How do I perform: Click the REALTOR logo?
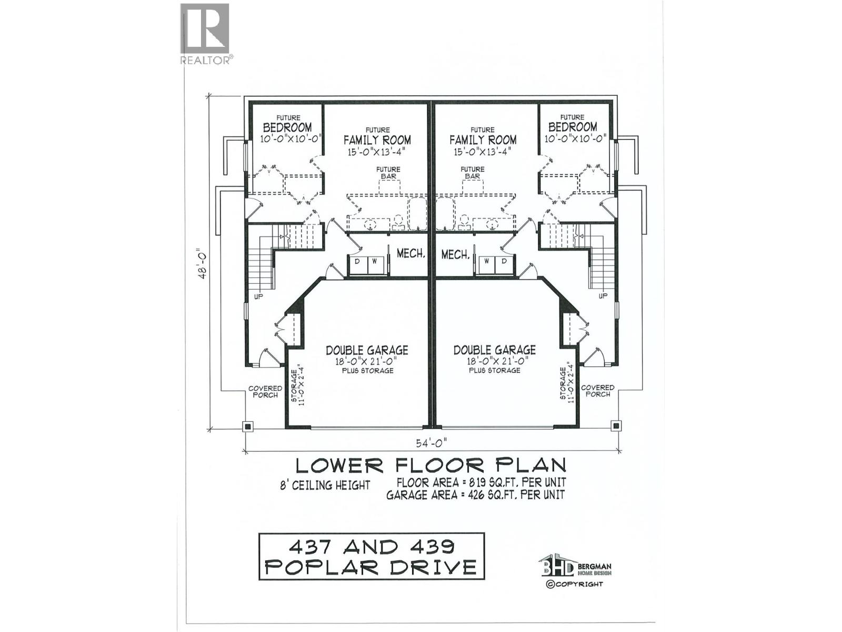[x=205, y=33]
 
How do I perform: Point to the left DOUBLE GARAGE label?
[x=367, y=350]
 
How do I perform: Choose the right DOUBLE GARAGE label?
[x=495, y=350]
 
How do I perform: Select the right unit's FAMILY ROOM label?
[x=483, y=140]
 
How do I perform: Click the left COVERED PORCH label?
[x=265, y=391]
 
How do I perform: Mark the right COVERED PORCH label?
[x=597, y=390]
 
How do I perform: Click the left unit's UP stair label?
[x=258, y=297]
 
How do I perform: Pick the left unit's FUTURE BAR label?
[x=388, y=173]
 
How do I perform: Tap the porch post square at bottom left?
[x=247, y=426]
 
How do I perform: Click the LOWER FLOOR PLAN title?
[x=430, y=465]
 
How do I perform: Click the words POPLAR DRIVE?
[x=371, y=567]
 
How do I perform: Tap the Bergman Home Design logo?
[x=574, y=567]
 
